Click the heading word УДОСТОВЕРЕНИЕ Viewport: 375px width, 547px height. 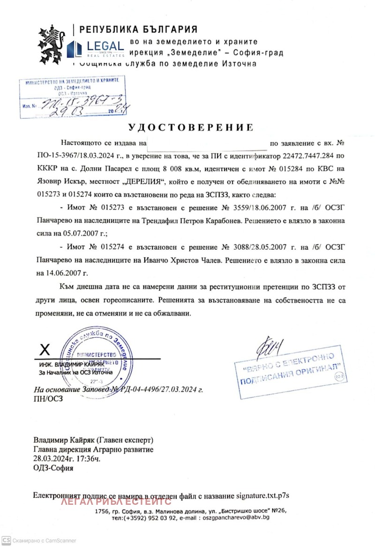click(191, 127)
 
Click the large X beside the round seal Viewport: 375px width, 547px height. click(45, 349)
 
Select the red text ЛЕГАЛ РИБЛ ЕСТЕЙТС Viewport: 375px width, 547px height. click(116, 502)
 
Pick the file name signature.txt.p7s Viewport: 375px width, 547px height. click(263, 495)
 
